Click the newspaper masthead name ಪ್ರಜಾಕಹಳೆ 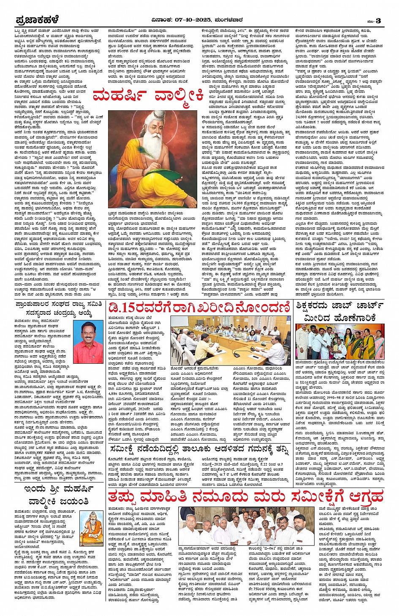[37, 20]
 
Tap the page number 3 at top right [378, 20]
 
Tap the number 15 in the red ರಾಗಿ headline [127, 308]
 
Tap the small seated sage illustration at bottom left [91, 527]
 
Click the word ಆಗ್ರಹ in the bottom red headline [362, 496]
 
